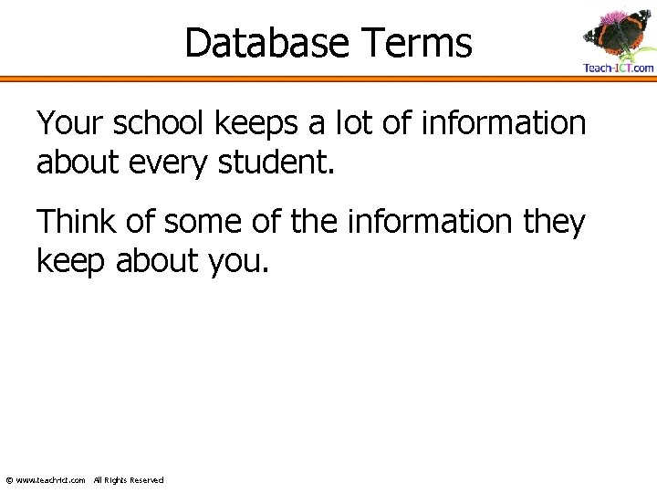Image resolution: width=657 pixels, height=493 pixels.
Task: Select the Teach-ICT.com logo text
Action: point(618,68)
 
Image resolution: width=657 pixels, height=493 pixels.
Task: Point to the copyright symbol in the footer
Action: point(9,480)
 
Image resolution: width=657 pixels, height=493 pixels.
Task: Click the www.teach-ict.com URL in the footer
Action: point(51,480)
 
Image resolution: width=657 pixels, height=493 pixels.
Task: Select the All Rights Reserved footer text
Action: point(129,480)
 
